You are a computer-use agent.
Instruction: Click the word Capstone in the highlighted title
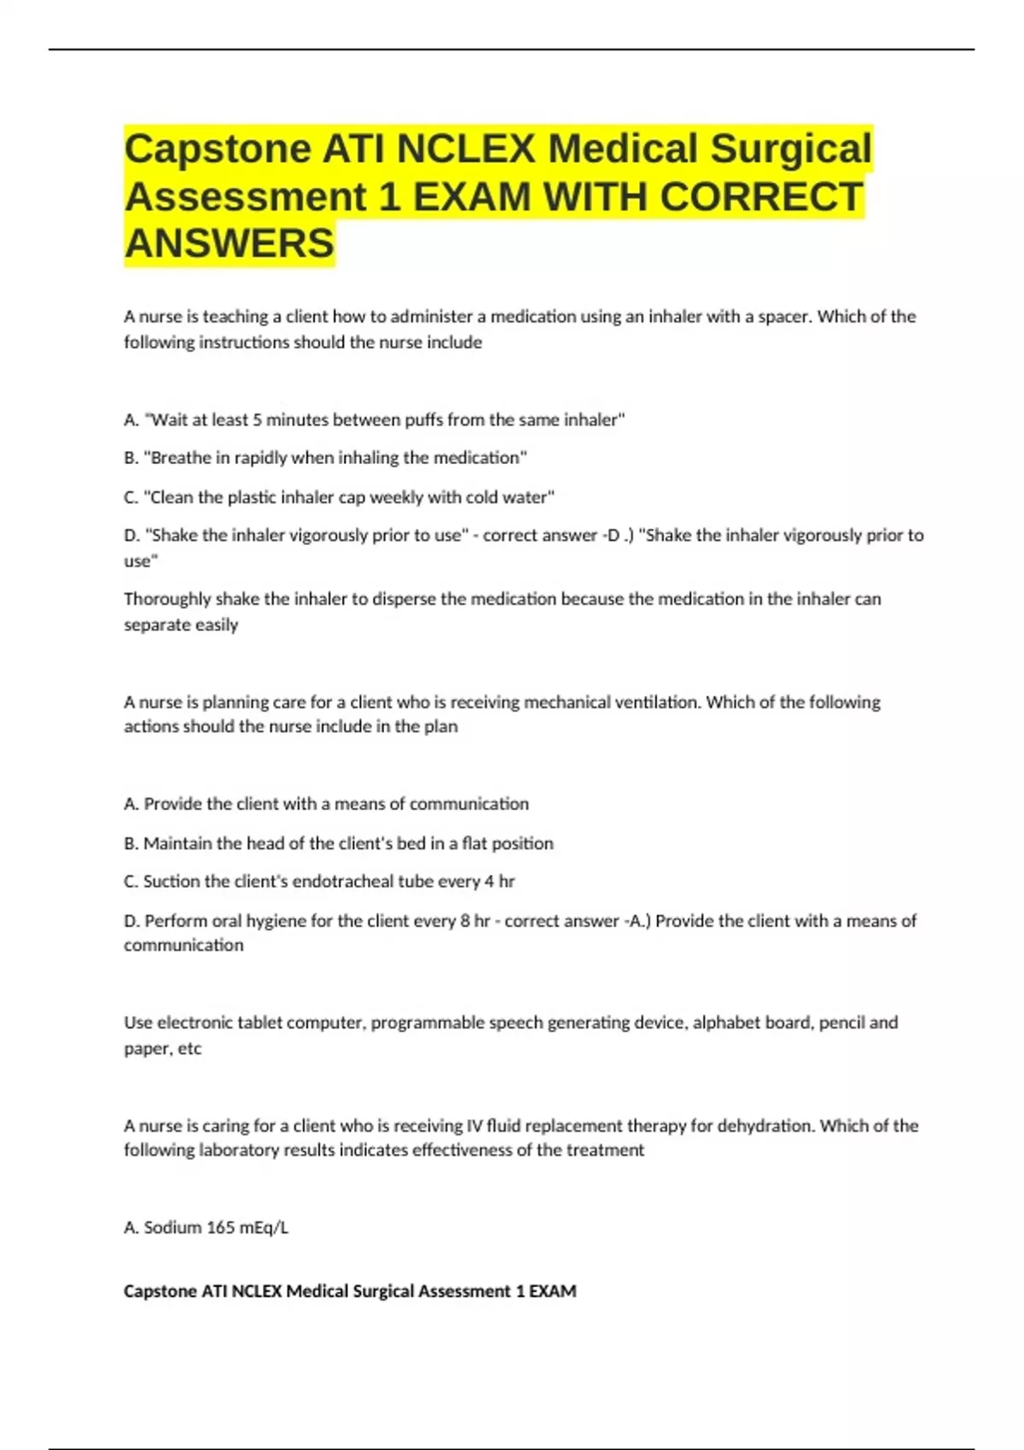tap(217, 149)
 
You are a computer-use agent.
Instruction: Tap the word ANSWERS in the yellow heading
tap(230, 243)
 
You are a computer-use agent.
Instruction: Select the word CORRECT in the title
tap(761, 196)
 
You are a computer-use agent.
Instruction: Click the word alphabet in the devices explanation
tap(724, 1023)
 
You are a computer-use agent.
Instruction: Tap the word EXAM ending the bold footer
tap(552, 1291)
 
